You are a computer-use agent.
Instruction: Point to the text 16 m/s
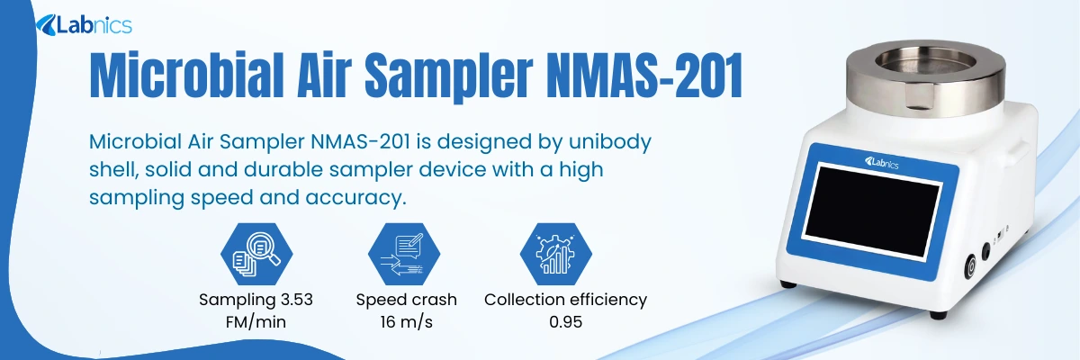pos(406,321)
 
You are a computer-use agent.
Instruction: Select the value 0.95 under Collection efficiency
pos(565,321)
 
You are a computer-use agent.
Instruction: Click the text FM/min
pos(256,321)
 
